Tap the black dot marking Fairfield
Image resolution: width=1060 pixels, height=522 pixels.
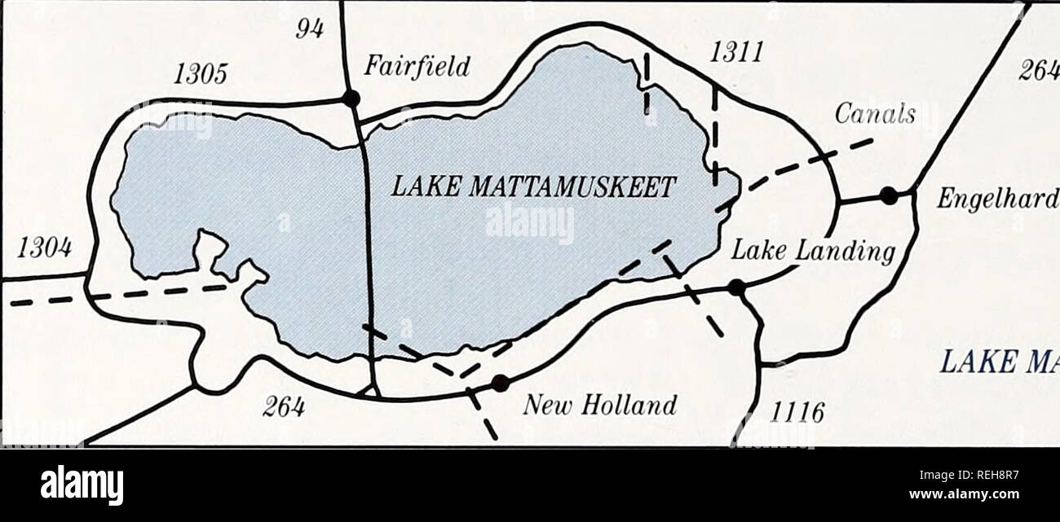pyautogui.click(x=351, y=99)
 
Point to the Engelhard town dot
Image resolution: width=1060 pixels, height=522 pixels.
pyautogui.click(x=889, y=195)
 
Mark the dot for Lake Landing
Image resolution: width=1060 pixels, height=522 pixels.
pyautogui.click(x=736, y=287)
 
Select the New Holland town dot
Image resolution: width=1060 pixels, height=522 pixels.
pyautogui.click(x=500, y=383)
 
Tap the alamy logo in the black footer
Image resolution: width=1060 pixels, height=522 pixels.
pyautogui.click(x=82, y=485)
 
